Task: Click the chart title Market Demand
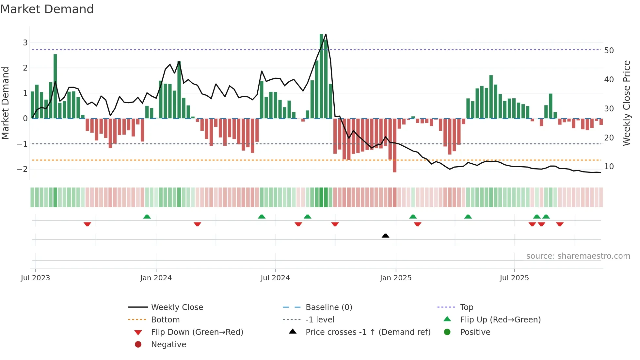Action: tap(47, 9)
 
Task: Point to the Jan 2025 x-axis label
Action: tap(396, 278)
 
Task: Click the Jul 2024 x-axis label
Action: tap(275, 278)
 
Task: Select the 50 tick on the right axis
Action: tap(609, 51)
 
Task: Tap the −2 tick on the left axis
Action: tap(22, 169)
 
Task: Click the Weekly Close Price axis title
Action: tap(626, 103)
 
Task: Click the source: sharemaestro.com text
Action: tap(578, 256)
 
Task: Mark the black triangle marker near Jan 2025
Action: tap(385, 236)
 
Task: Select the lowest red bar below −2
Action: tap(395, 145)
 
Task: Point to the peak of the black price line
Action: tap(326, 34)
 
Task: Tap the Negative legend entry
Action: tap(168, 344)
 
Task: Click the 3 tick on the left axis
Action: tap(25, 42)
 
